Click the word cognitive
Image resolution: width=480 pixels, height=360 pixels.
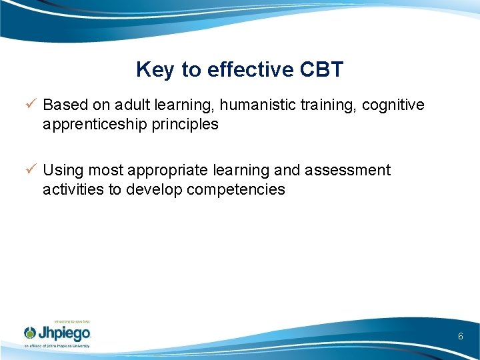coord(393,105)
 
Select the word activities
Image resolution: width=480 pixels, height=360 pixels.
coord(73,189)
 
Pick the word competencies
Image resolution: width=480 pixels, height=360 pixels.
coord(236,189)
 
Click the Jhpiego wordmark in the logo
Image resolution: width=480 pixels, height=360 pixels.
coord(65,333)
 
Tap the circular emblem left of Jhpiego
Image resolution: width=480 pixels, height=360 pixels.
coord(30,333)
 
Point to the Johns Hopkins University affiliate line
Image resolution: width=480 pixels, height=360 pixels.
coord(57,346)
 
